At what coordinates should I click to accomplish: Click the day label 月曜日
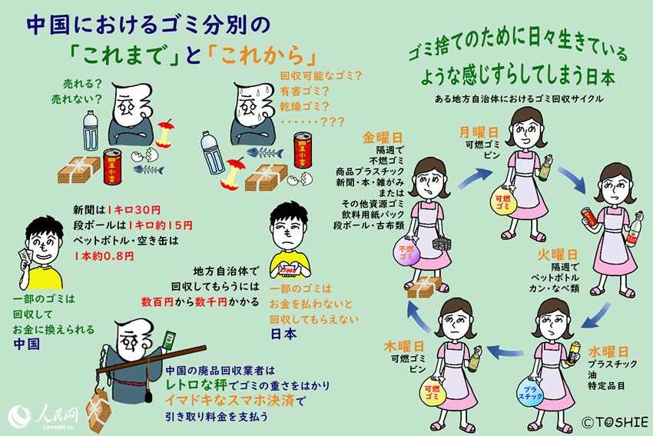481,131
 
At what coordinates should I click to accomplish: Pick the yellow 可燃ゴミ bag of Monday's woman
502,203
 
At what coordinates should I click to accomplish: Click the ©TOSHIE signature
615,421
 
